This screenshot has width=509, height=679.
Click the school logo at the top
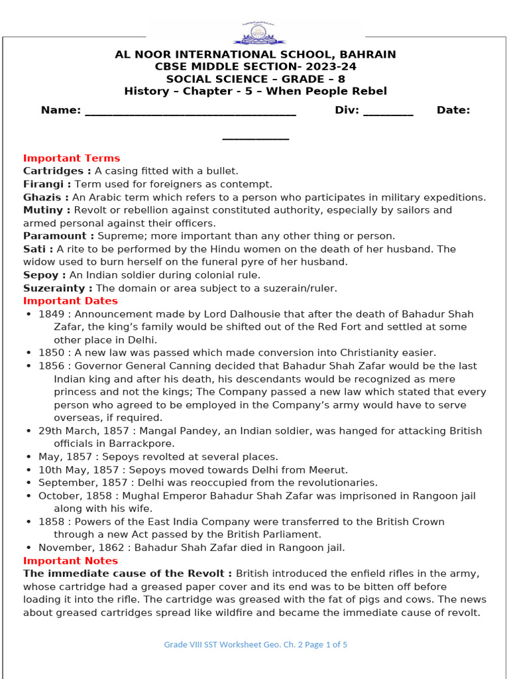254,32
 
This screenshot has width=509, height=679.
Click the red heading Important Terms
72,158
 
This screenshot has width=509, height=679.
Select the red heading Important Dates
71,301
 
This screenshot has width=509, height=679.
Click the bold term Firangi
45,184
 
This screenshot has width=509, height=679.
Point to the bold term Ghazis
44,198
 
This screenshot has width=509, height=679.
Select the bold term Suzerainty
57,288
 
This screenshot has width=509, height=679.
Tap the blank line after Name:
190,111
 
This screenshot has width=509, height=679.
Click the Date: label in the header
453,110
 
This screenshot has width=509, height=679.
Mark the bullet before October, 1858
28,496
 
